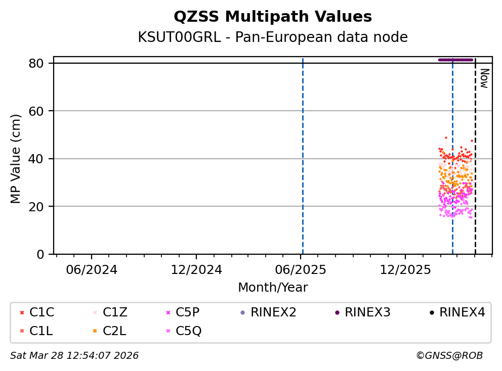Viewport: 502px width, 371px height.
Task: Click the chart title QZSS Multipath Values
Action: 273,17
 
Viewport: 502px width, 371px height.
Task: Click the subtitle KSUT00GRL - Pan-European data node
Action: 273,37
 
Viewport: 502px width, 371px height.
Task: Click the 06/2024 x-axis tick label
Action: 92,269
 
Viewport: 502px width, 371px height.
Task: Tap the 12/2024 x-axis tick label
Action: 196,269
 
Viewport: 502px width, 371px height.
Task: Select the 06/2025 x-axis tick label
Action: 301,269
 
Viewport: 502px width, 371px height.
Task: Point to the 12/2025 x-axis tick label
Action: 405,269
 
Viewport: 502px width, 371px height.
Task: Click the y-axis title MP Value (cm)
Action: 16,159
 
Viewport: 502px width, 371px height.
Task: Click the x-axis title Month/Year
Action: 273,288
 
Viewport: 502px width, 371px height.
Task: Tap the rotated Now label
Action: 484,78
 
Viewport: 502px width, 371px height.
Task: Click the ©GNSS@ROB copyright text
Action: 449,356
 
